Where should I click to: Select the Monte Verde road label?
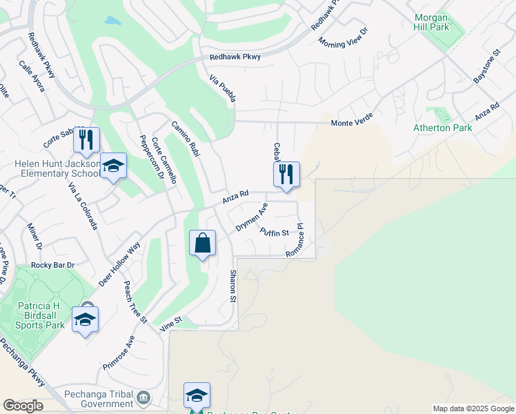(356, 123)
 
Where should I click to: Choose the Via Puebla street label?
(224, 90)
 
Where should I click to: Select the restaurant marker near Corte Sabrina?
(86, 140)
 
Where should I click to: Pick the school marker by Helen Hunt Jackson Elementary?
(114, 166)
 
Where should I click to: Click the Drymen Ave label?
(251, 217)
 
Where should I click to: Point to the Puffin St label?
(274, 233)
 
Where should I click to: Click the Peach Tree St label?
(135, 302)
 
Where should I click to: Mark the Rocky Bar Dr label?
(53, 265)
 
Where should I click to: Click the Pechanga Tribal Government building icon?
(143, 397)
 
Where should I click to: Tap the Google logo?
(23, 406)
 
